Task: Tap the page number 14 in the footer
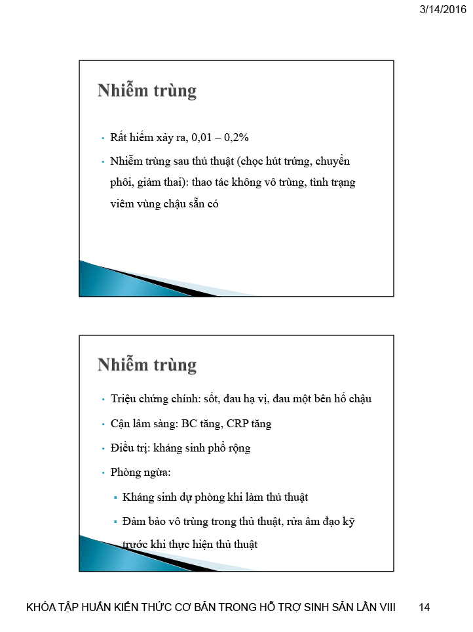pos(424,607)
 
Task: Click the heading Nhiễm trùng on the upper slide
pos(147,91)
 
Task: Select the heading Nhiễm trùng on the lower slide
pos(147,364)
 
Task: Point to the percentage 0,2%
pos(235,138)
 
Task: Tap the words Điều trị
pos(128,448)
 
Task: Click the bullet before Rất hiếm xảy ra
pos(103,139)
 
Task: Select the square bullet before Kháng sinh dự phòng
pos(115,497)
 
